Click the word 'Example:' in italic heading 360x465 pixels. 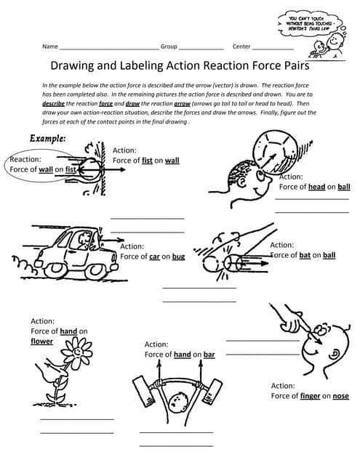pyautogui.click(x=48, y=138)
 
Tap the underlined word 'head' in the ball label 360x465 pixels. pyautogui.click(x=317, y=187)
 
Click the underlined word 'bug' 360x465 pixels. pyautogui.click(x=178, y=256)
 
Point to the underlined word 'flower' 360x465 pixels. pyautogui.click(x=41, y=341)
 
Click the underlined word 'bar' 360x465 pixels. pyautogui.click(x=209, y=355)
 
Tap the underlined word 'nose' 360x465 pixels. pyautogui.click(x=340, y=396)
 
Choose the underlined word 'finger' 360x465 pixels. pyautogui.click(x=311, y=396)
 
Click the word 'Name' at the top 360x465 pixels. pyautogui.click(x=49, y=46)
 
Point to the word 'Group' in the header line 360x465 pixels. pyautogui.click(x=169, y=46)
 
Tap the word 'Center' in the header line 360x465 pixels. pyautogui.click(x=241, y=46)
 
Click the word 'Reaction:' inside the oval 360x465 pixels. pyautogui.click(x=26, y=158)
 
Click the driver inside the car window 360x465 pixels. pyautogui.click(x=85, y=239)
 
